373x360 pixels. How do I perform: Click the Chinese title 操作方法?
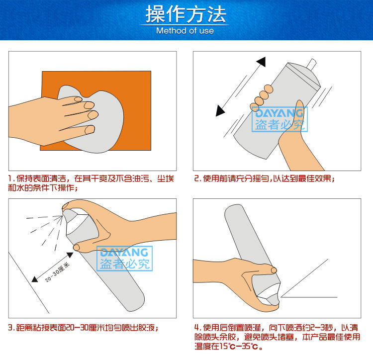point(186,14)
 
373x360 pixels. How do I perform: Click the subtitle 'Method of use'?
point(185,31)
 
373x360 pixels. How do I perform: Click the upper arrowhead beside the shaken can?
point(262,62)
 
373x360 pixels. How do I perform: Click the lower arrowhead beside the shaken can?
point(220,111)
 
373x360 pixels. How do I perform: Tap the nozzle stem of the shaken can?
point(312,64)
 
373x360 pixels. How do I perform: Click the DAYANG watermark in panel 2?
point(280,119)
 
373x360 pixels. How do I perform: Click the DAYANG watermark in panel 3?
point(125,259)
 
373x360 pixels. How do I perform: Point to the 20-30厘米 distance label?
point(57,272)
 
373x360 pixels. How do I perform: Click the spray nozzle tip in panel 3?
point(64,212)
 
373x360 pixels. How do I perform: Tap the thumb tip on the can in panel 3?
point(77,247)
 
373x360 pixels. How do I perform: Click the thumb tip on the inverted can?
point(274,270)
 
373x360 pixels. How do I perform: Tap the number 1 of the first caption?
point(10,179)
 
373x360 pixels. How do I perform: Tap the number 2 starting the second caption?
point(196,179)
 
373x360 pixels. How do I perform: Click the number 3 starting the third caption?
point(10,328)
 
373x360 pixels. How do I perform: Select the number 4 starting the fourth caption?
point(197,328)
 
